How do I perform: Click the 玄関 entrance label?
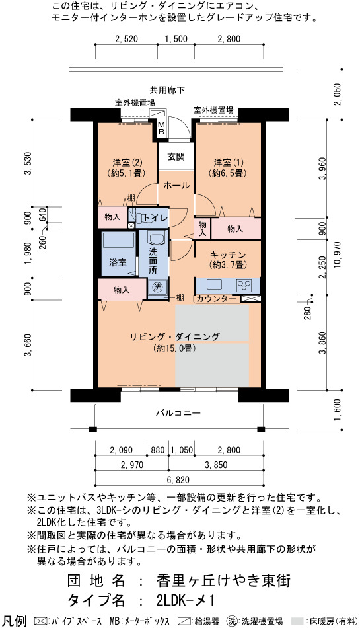(x=176, y=157)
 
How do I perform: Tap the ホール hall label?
(x=176, y=186)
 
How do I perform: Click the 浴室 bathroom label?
(x=118, y=262)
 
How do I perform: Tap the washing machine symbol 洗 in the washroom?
(x=157, y=287)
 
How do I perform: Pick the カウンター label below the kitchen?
(x=217, y=298)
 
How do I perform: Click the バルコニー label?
(x=178, y=413)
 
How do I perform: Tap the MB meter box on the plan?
(x=161, y=128)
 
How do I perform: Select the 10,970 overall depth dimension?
(x=338, y=256)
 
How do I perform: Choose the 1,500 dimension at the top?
(x=176, y=39)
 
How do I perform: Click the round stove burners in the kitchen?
(x=244, y=285)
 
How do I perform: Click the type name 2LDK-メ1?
(x=186, y=600)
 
